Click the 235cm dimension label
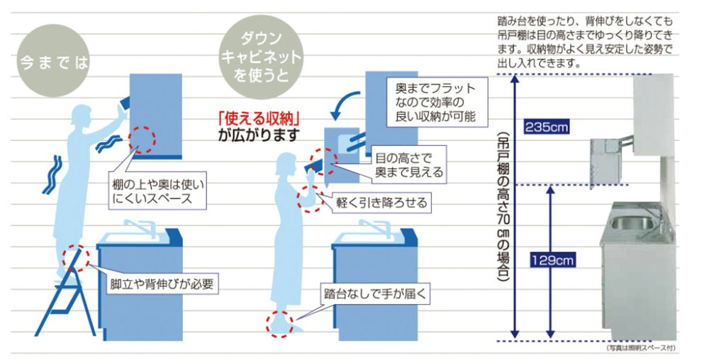click(x=546, y=127)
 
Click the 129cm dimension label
click(x=552, y=260)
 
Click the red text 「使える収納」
click(x=259, y=119)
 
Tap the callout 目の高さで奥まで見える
click(x=409, y=164)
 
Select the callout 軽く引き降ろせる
click(x=381, y=203)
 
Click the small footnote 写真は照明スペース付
click(x=640, y=348)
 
